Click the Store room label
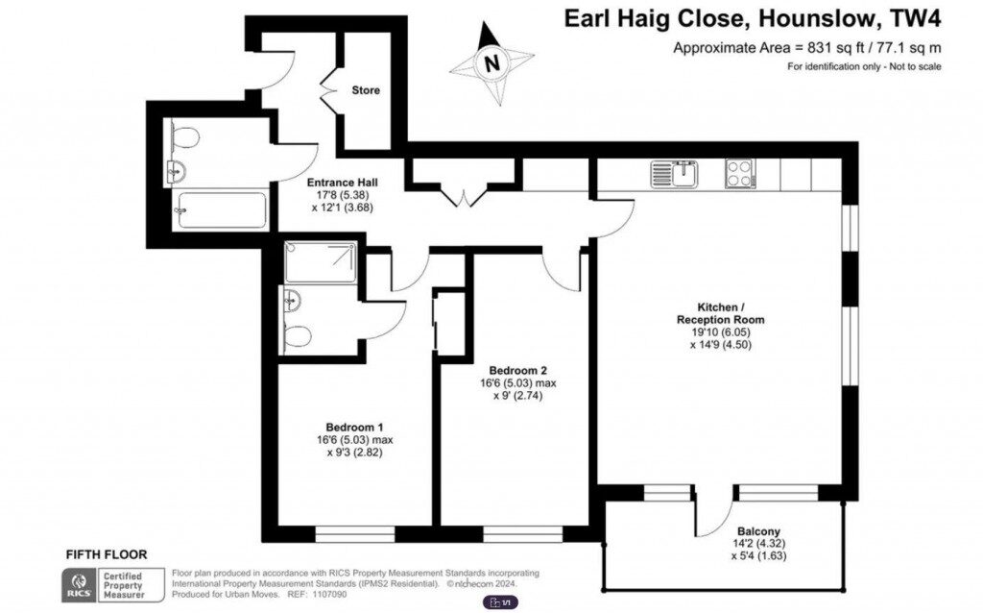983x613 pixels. pos(365,90)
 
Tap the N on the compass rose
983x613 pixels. pos(492,64)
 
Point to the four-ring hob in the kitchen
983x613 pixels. pos(739,174)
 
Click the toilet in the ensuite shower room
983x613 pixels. pos(299,336)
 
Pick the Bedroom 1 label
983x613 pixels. pos(354,428)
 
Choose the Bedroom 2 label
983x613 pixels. pos(517,371)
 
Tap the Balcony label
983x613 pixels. pos(758,531)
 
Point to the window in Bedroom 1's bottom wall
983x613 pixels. pos(355,530)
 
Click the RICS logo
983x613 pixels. pos(78,584)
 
